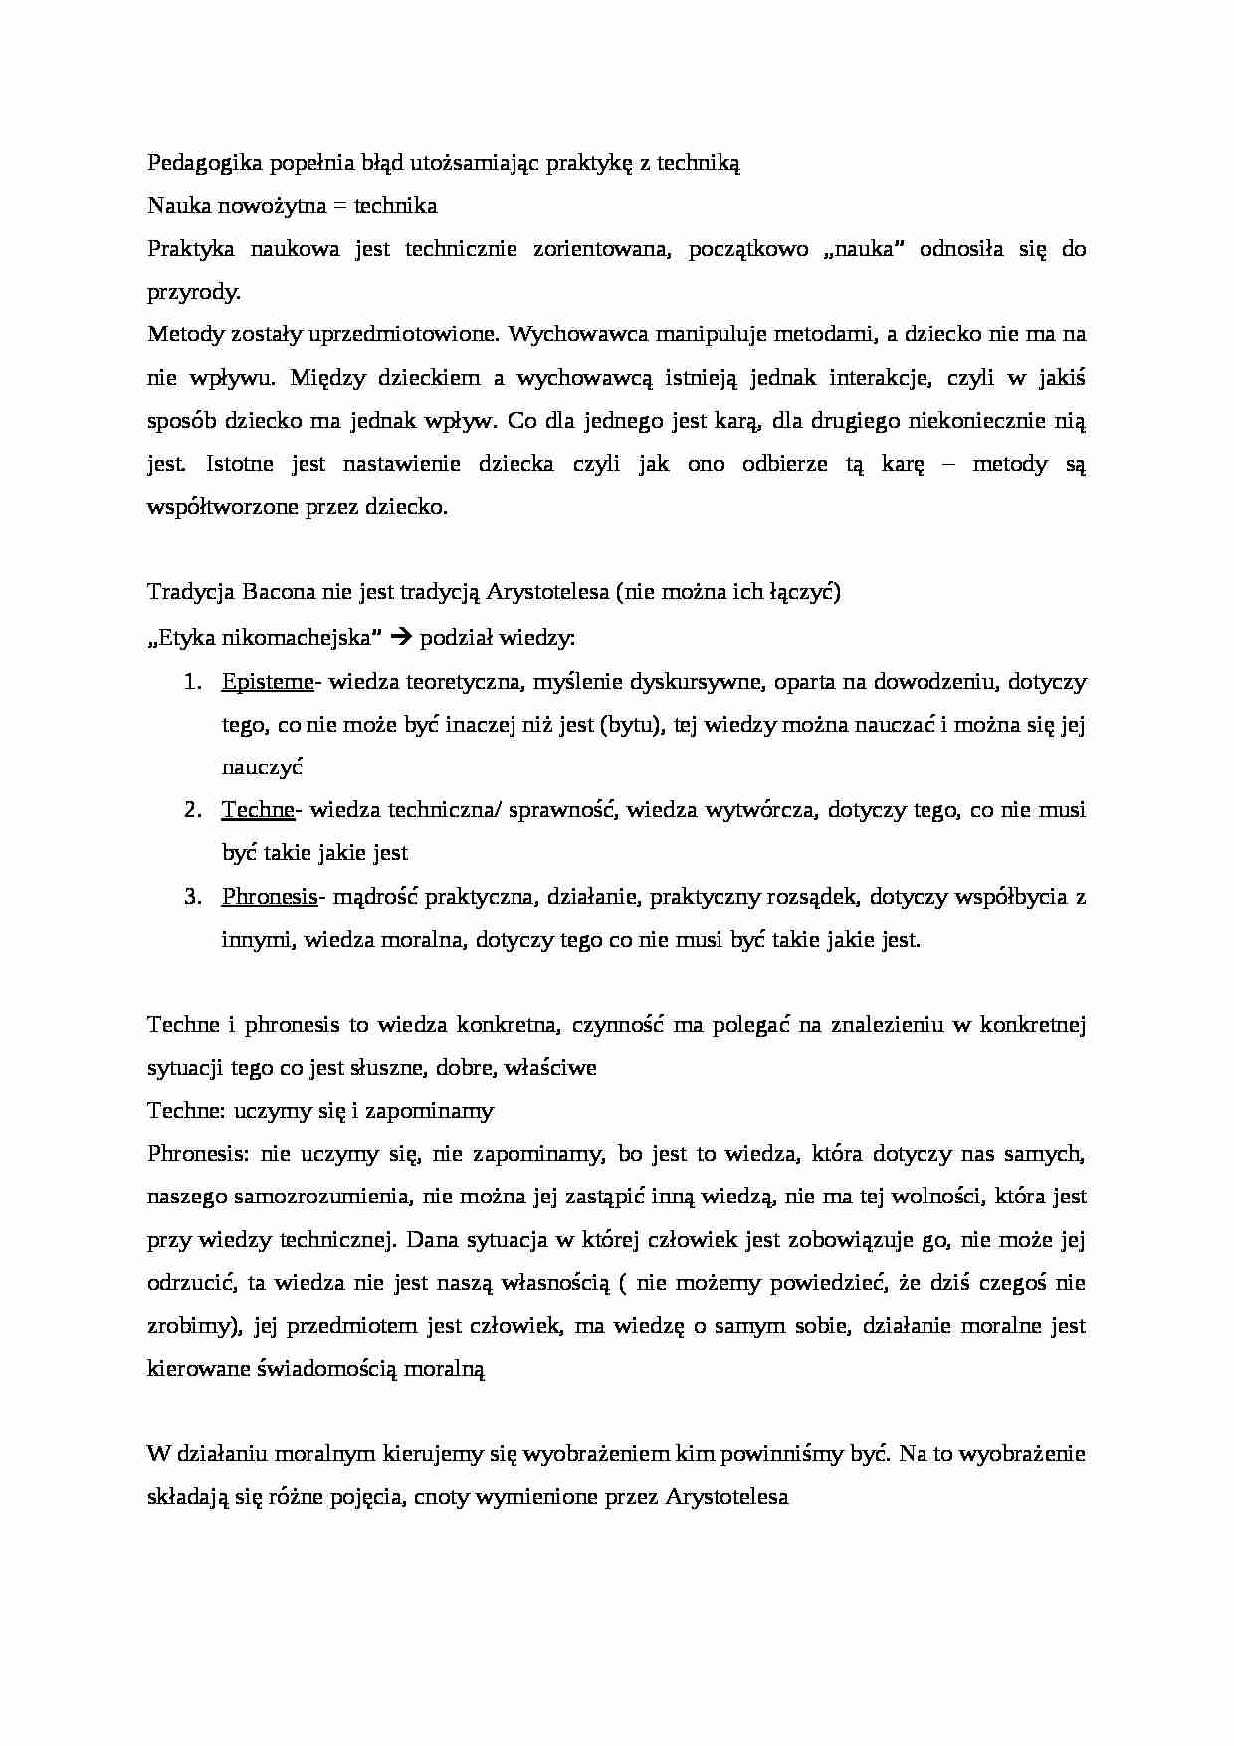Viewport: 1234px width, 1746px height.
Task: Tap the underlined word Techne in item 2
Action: [x=258, y=810]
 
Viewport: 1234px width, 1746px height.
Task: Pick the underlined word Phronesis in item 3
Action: [x=269, y=896]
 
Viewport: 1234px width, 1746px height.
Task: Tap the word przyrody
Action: [x=194, y=293]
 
